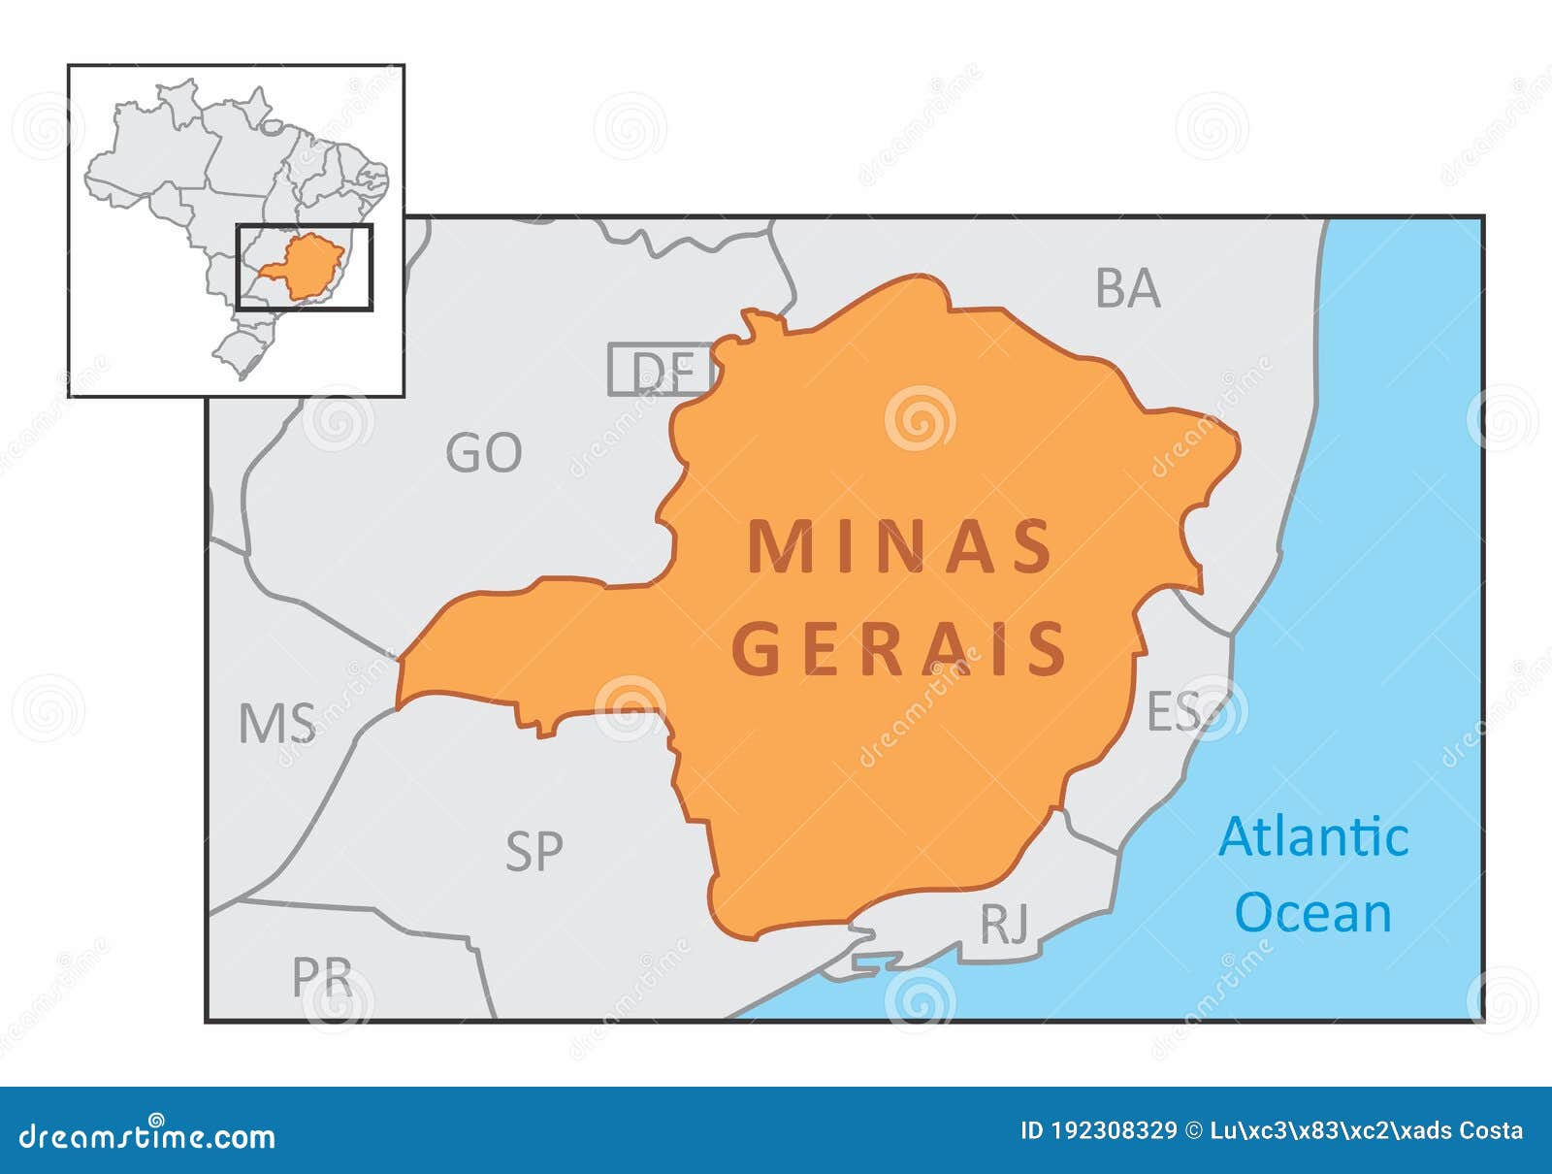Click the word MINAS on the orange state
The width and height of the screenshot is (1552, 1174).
900,547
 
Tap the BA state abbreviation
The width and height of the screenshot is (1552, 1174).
1127,288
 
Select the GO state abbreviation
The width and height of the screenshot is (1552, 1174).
483,453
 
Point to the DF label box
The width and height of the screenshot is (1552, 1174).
661,370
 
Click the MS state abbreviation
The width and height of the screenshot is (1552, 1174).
276,724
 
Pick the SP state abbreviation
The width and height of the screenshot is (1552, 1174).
533,851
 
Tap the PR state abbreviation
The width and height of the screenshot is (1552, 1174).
322,978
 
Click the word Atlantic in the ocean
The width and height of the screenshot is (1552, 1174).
1312,837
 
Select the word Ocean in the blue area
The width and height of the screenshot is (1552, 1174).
1313,913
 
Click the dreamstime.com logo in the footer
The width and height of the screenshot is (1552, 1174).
147,1135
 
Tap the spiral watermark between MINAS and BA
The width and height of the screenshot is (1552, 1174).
919,418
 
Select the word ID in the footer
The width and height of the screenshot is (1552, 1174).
1034,1131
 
